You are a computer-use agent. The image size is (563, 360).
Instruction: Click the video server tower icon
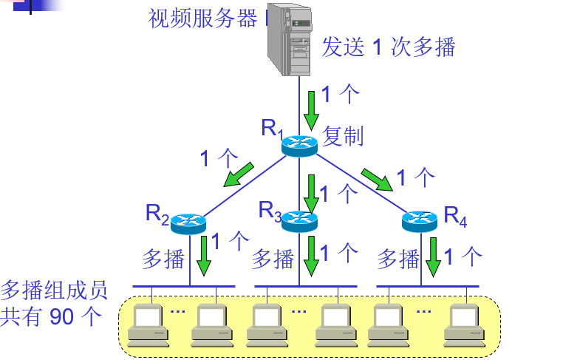(x=290, y=38)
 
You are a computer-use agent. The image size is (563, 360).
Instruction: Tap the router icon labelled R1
(x=299, y=146)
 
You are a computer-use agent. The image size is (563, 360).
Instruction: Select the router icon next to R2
(x=188, y=223)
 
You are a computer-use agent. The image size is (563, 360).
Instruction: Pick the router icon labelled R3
(x=299, y=221)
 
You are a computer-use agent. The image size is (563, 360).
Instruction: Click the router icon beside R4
(x=420, y=221)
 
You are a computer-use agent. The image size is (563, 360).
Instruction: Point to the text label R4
(x=455, y=217)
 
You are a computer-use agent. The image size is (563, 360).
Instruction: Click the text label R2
(x=157, y=214)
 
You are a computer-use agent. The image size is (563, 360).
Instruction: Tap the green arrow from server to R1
(x=311, y=111)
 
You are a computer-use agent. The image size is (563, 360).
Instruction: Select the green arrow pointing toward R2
(x=239, y=175)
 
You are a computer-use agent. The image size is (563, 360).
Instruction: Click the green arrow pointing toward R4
(x=377, y=180)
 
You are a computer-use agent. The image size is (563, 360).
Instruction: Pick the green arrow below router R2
(x=204, y=256)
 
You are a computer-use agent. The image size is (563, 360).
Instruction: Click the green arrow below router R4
(x=434, y=257)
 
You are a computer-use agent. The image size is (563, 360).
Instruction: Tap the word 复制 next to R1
(x=343, y=136)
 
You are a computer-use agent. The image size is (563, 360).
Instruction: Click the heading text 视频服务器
(x=203, y=18)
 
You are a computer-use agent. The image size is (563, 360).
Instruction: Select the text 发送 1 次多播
(x=389, y=47)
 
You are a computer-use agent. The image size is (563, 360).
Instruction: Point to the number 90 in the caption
(x=61, y=316)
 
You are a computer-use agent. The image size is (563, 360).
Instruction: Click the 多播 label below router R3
(x=273, y=259)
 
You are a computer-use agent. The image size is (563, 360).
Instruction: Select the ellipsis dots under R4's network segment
(x=423, y=311)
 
